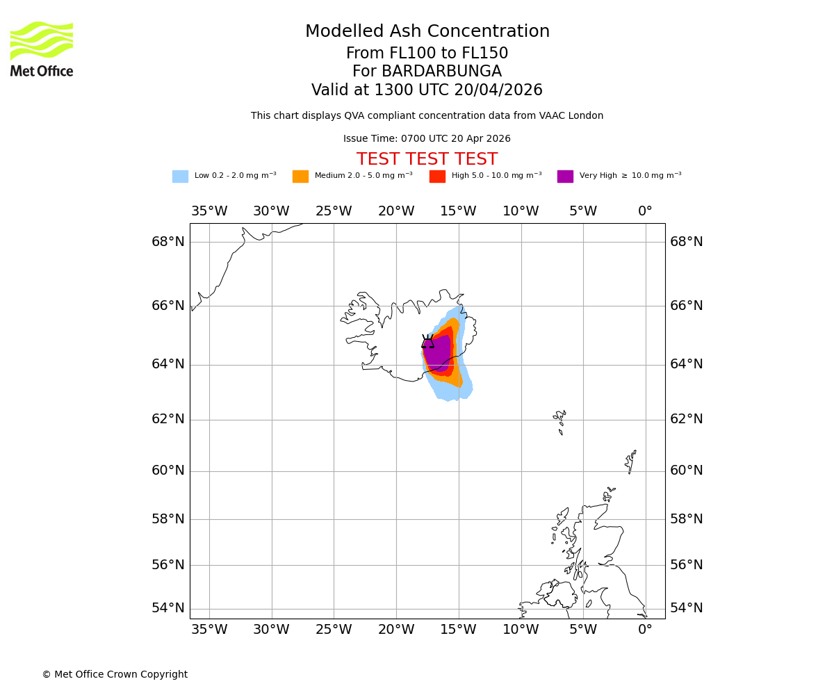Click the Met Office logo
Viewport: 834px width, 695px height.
point(42,49)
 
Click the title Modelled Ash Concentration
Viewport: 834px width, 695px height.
point(427,32)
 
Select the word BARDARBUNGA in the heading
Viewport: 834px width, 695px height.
point(441,72)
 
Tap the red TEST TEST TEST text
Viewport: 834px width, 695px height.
point(427,160)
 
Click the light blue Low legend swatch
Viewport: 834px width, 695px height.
point(180,177)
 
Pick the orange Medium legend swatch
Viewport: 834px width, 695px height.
point(300,177)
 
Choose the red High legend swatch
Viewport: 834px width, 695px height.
point(437,177)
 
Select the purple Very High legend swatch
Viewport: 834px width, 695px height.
point(565,177)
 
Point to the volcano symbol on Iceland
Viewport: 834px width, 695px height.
point(427,341)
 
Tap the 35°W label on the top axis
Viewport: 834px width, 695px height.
point(209,211)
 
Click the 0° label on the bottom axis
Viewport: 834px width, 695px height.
point(645,630)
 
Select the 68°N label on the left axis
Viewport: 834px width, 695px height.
point(168,242)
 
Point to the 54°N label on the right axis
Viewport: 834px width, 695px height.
point(686,608)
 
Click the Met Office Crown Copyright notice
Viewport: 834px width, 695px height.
point(115,674)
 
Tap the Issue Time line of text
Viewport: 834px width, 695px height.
point(427,139)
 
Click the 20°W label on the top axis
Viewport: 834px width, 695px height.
point(396,211)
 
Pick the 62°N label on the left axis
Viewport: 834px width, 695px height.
point(168,419)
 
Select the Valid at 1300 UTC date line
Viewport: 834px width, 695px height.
point(427,90)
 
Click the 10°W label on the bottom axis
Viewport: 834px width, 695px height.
point(521,630)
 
